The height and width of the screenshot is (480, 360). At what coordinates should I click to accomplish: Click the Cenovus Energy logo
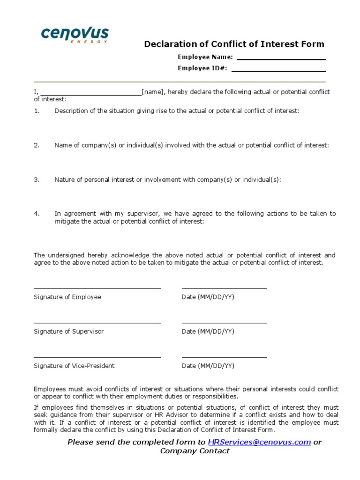pos(75,35)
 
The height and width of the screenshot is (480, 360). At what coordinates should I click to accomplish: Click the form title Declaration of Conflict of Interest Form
pos(234,45)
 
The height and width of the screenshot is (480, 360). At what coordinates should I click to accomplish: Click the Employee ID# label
pos(202,68)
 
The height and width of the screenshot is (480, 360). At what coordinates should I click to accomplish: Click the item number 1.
pos(37,111)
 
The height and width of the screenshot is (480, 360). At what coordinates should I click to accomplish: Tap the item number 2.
pos(37,145)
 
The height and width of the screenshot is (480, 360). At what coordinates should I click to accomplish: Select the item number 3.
pos(37,180)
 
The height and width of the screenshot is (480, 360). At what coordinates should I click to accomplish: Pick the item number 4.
pos(37,214)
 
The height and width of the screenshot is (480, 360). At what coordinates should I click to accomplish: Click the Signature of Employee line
pos(97,288)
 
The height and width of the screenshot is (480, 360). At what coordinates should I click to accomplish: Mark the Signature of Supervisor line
pos(97,322)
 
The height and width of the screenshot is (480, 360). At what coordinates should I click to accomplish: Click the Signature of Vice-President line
pos(97,357)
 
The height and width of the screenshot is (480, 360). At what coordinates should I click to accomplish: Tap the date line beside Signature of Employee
pos(224,288)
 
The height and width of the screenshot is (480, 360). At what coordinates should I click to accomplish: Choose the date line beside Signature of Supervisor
pos(224,322)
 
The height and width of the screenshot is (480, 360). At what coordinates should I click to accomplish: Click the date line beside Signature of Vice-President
pos(224,357)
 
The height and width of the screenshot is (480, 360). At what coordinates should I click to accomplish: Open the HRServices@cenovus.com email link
pos(259,442)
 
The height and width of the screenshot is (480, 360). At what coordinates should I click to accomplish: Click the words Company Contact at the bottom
pos(195,451)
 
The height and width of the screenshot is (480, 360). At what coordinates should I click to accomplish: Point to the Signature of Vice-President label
pos(74,366)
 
